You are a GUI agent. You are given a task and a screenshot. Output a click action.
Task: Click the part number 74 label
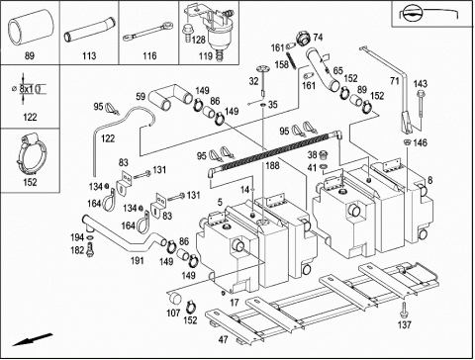point(318,38)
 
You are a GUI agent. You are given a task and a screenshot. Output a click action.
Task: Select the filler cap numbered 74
point(303,38)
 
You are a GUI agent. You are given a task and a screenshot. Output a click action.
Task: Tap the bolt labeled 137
point(404,310)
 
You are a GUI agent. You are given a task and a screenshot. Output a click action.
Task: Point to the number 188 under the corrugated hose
point(272,165)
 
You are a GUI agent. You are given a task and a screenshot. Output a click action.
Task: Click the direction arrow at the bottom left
point(33,340)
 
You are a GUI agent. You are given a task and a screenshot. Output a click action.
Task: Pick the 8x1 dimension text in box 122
point(26,89)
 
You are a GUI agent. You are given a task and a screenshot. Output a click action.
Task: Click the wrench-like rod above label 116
point(148,31)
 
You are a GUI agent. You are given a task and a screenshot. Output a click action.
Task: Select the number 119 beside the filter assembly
point(206,55)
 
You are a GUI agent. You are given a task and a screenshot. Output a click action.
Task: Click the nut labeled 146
point(407,142)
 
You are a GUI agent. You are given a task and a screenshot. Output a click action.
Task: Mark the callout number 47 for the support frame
point(224,339)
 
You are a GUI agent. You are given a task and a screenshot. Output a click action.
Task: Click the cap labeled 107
point(174,298)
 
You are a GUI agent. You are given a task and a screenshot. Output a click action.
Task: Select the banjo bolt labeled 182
point(90,249)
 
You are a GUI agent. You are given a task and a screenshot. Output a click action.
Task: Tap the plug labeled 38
point(324,154)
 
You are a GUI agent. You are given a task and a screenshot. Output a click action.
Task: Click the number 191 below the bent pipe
point(138,261)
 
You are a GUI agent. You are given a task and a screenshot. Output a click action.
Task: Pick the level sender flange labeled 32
point(263,69)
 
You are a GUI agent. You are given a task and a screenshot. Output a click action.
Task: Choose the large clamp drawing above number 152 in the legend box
point(31,154)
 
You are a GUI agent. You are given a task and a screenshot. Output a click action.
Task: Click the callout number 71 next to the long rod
point(395,81)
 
